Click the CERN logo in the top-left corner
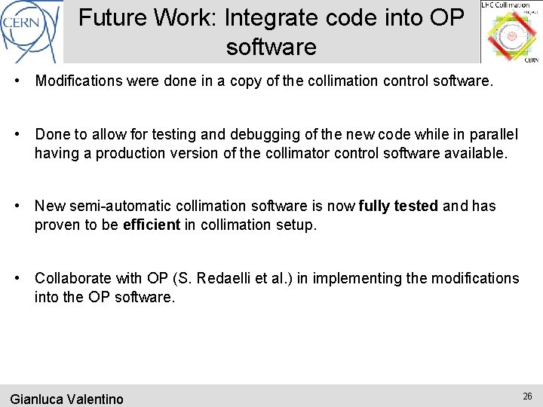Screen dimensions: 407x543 pyautogui.click(x=30, y=30)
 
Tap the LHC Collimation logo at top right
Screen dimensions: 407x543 pyautogui.click(x=511, y=32)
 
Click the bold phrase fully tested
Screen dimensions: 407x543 pyautogui.click(x=398, y=206)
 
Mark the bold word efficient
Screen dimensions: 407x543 pyautogui.click(x=151, y=225)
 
